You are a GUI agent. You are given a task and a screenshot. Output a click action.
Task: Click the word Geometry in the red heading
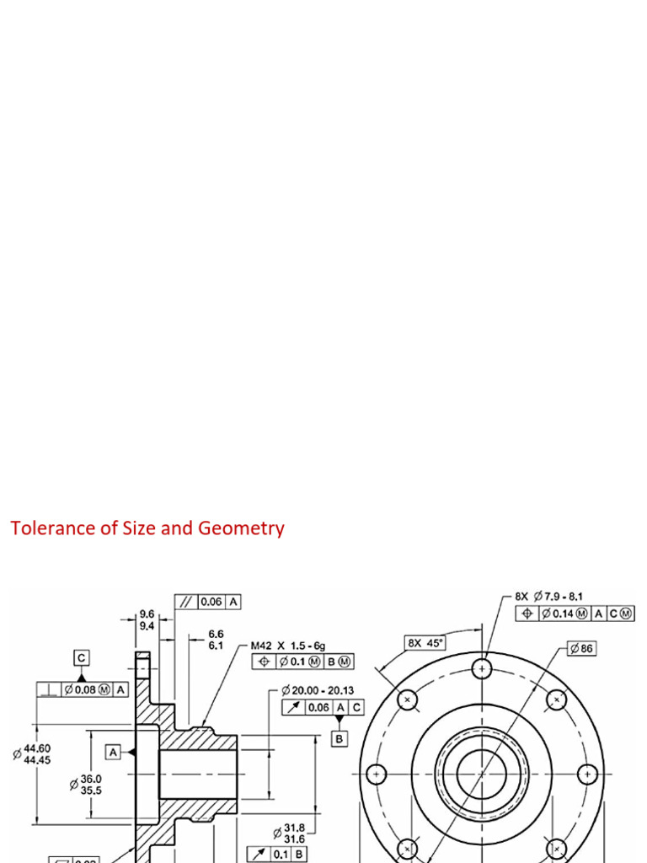click(241, 529)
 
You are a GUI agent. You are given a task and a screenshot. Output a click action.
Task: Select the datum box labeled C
click(81, 657)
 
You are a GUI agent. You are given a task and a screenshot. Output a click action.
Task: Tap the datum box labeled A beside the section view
click(114, 751)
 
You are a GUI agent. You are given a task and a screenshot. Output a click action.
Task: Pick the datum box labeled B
click(340, 739)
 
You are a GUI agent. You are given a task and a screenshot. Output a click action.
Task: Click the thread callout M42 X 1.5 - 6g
click(287, 646)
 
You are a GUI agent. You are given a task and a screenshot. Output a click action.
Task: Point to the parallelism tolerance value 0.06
click(211, 602)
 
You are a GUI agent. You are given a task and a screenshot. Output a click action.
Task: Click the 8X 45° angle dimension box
click(425, 642)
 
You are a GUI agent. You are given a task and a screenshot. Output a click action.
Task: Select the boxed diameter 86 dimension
click(581, 648)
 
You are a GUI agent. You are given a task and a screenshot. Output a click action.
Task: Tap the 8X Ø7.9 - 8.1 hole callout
click(549, 596)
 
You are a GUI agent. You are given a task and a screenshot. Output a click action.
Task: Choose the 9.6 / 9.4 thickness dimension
click(147, 620)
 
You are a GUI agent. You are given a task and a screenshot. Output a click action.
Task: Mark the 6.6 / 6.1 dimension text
click(216, 639)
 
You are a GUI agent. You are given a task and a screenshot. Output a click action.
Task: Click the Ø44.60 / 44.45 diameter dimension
click(33, 753)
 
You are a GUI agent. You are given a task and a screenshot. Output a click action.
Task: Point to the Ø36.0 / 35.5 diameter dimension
click(86, 784)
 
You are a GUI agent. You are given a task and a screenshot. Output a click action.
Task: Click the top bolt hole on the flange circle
click(482, 669)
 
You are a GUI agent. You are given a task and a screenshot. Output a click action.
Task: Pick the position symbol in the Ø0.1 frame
click(265, 662)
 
